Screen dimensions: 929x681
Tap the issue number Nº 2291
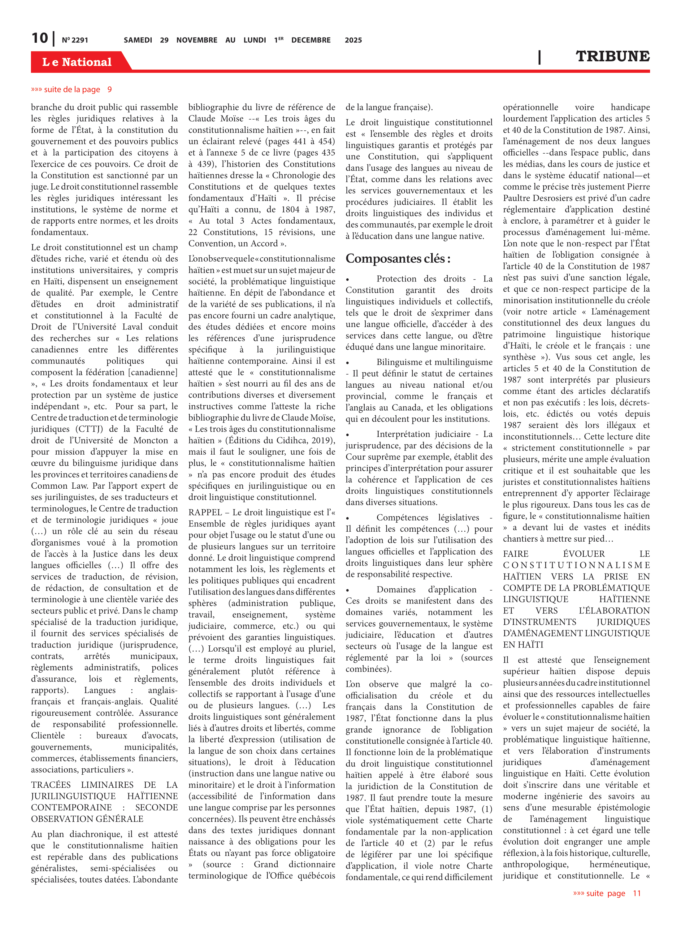(x=75, y=40)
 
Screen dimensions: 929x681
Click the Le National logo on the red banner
(x=77, y=62)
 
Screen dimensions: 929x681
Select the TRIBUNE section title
(x=612, y=56)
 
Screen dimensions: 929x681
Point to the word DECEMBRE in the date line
(x=311, y=40)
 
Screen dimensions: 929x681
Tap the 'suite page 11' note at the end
(x=607, y=893)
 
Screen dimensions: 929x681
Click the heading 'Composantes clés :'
(x=398, y=259)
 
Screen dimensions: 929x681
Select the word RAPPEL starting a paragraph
(x=205, y=512)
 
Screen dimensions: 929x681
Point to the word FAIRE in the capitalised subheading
(x=515, y=554)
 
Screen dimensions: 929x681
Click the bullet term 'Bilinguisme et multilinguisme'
(x=434, y=362)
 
